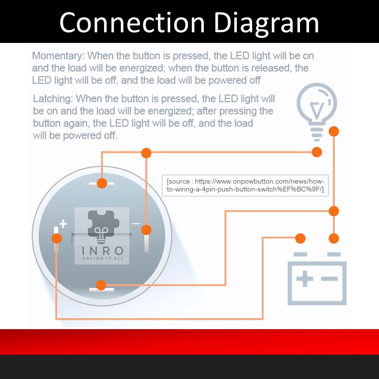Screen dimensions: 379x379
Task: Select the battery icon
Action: pyautogui.click(x=317, y=279)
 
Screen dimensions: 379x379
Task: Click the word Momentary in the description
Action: pyautogui.click(x=57, y=56)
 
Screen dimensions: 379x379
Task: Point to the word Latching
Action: pyautogui.click(x=52, y=99)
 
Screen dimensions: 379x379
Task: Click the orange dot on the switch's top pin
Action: pyautogui.click(x=102, y=183)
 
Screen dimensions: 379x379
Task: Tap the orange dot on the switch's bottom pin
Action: pyautogui.click(x=101, y=285)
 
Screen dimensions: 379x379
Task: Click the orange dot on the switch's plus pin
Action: pyautogui.click(x=57, y=238)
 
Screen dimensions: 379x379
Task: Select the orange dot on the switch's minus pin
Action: pyautogui.click(x=146, y=229)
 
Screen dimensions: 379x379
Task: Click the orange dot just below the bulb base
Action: pyautogui.click(x=334, y=131)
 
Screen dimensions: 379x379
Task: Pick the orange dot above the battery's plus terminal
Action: pyautogui.click(x=300, y=238)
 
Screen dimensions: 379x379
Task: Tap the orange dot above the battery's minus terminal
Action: pyautogui.click(x=334, y=238)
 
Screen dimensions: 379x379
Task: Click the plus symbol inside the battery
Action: pyautogui.click(x=304, y=279)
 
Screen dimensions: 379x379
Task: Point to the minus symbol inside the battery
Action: pyautogui.click(x=329, y=279)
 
